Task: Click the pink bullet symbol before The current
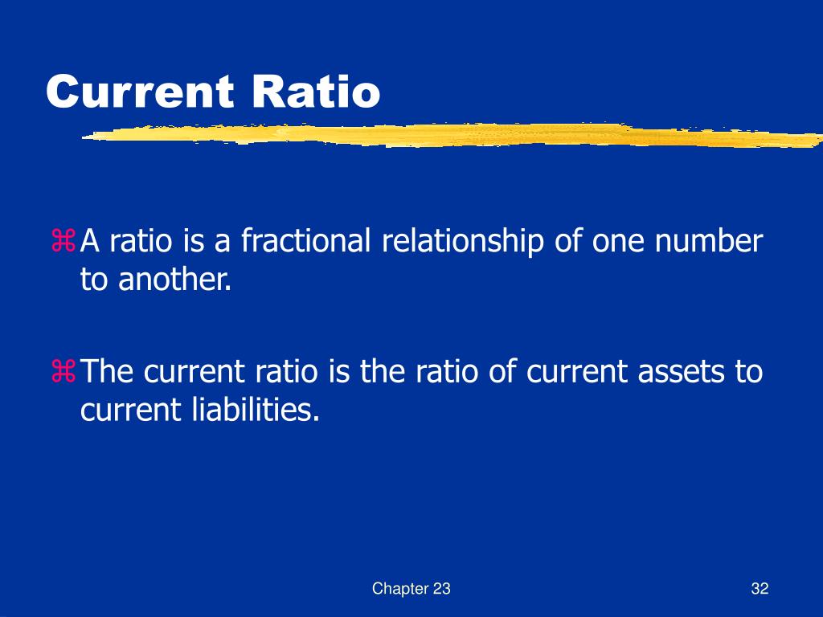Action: click(x=63, y=372)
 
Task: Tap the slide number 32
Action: click(x=760, y=589)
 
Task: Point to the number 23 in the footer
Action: click(x=441, y=589)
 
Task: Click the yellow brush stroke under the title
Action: click(x=450, y=134)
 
